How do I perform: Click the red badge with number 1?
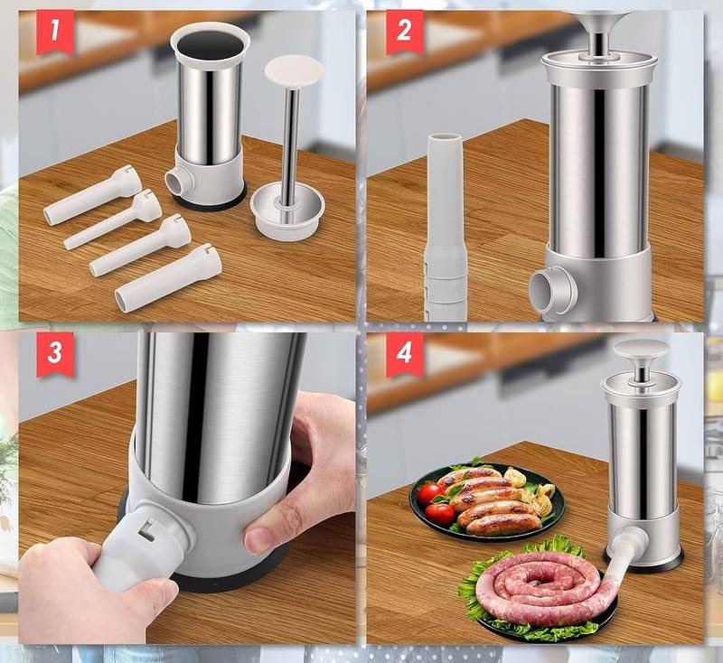click(55, 32)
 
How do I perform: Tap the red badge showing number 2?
click(404, 32)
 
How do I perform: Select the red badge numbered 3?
click(55, 354)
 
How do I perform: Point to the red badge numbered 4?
click(404, 354)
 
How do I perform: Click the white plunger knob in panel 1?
click(293, 70)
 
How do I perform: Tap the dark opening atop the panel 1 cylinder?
click(211, 44)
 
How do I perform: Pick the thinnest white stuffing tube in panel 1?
click(113, 219)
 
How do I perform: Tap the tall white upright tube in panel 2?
click(444, 227)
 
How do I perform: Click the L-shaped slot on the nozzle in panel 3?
click(147, 528)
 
